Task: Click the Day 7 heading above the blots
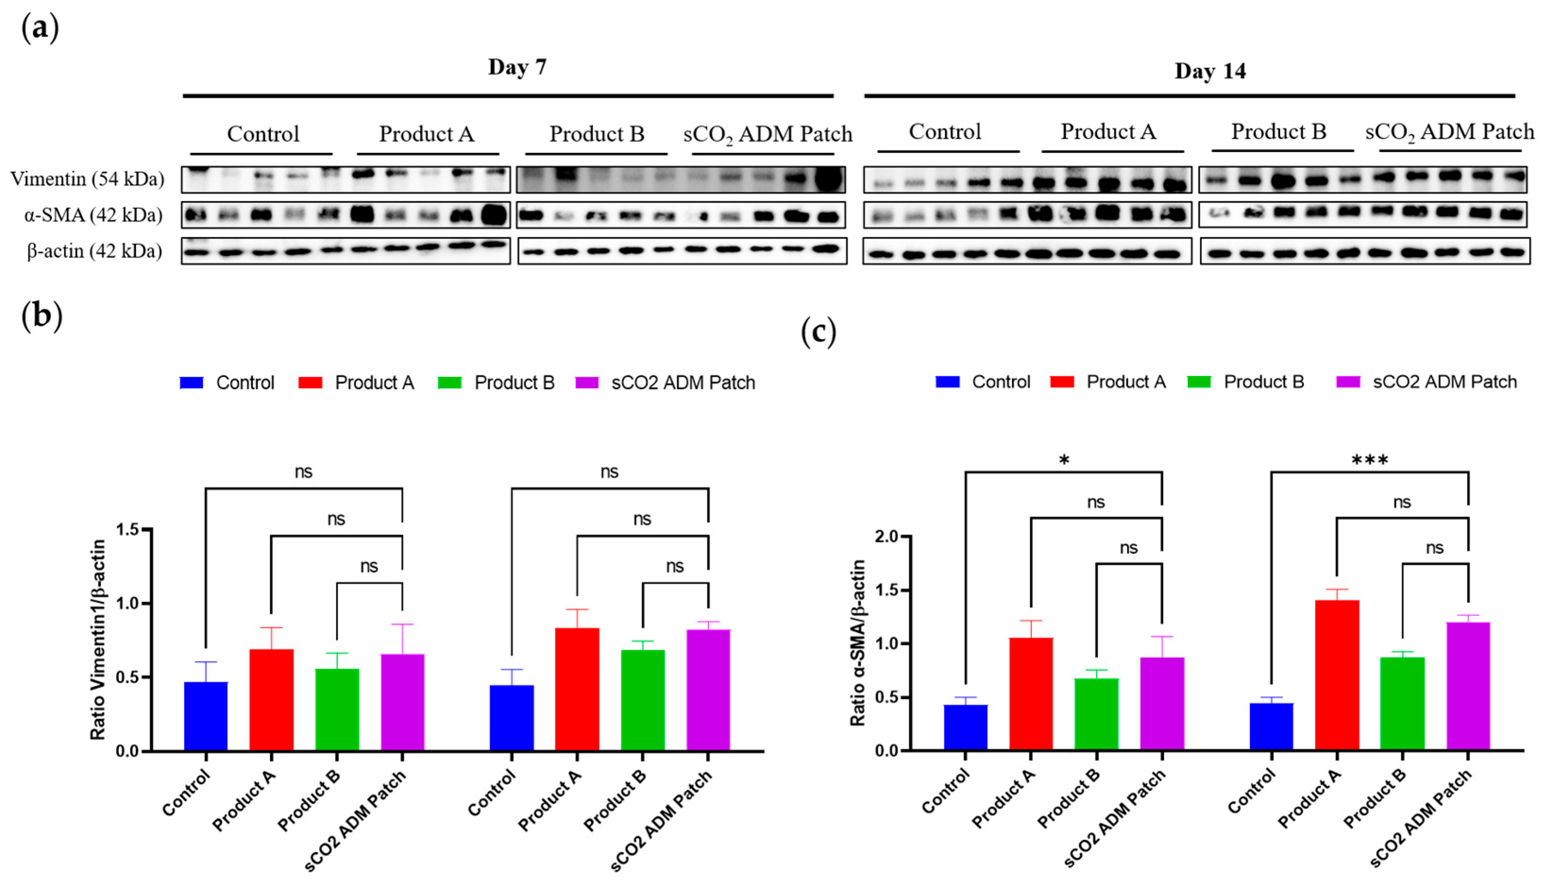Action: click(517, 68)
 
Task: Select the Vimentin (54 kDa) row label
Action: click(87, 179)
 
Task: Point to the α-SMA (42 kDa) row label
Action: click(93, 215)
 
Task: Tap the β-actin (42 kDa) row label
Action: click(94, 251)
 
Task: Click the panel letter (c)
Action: click(818, 332)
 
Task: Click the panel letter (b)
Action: click(41, 316)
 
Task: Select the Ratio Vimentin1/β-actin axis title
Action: click(98, 639)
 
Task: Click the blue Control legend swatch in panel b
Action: click(192, 382)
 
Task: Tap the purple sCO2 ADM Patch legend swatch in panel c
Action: click(1348, 382)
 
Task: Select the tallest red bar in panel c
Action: click(1336, 674)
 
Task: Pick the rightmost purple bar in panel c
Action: click(1468, 685)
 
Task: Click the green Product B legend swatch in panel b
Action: click(450, 382)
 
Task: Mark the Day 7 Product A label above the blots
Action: click(427, 134)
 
